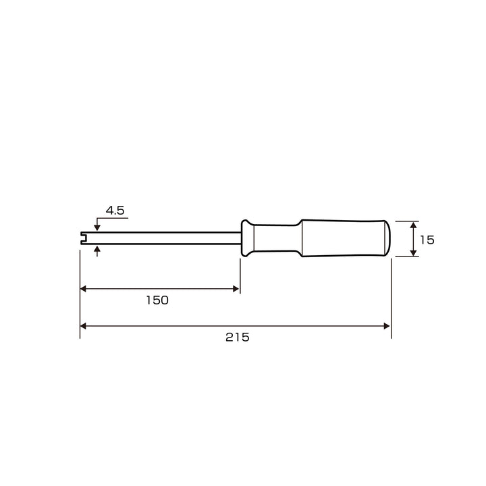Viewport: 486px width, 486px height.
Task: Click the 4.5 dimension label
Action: (x=115, y=211)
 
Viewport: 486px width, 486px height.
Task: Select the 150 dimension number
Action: (x=157, y=300)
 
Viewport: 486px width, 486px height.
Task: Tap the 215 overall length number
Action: (x=238, y=337)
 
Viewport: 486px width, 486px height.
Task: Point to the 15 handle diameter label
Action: (x=427, y=240)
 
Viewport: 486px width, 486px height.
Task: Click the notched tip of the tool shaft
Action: (x=84, y=238)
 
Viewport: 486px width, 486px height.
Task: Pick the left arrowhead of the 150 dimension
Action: (x=83, y=289)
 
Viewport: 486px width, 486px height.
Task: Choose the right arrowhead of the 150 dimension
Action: (x=236, y=289)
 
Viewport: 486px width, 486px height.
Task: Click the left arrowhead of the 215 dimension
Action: (x=83, y=326)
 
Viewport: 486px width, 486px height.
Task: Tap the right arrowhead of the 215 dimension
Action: (x=387, y=326)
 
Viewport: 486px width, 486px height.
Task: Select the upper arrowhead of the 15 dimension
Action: (x=414, y=225)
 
